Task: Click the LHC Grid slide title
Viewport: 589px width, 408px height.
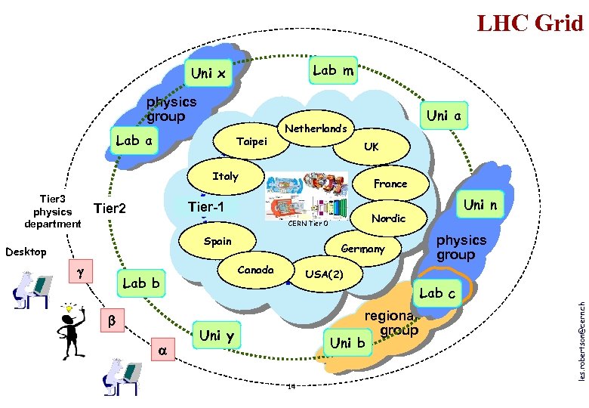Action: click(x=530, y=23)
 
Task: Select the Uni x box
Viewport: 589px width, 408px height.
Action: click(x=208, y=74)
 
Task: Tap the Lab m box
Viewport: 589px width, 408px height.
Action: click(x=333, y=70)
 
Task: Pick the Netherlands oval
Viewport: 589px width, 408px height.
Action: click(x=315, y=129)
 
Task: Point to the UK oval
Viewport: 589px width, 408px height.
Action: click(x=371, y=147)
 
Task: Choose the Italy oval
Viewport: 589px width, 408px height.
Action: click(x=225, y=177)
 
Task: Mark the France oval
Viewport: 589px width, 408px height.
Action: click(x=390, y=184)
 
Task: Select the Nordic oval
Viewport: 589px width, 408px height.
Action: click(x=388, y=218)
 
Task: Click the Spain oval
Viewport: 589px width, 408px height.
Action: click(x=217, y=242)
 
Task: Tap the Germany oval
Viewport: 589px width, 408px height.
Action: click(x=362, y=249)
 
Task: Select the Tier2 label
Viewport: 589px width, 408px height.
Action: click(x=109, y=209)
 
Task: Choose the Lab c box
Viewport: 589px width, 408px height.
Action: click(x=437, y=292)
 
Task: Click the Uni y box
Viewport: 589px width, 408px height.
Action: click(x=216, y=335)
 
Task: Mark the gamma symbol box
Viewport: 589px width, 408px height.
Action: click(x=80, y=270)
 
